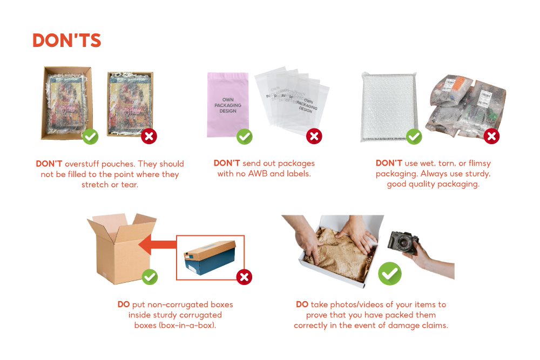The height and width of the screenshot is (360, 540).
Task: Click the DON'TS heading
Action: [66, 40]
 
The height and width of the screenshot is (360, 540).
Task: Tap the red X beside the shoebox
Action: [244, 277]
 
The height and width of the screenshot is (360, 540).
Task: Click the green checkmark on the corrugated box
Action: [150, 277]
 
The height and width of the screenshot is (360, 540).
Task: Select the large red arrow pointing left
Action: [157, 245]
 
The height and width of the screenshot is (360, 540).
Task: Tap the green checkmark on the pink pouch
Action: [245, 137]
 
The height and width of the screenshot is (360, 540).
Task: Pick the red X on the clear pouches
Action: [314, 137]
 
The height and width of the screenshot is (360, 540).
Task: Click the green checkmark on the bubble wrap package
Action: [414, 137]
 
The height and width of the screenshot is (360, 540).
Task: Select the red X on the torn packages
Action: [491, 137]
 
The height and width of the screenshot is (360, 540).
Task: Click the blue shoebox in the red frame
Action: [210, 257]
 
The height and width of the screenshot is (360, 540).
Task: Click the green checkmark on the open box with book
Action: [90, 137]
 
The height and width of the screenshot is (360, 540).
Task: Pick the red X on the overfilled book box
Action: [148, 137]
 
